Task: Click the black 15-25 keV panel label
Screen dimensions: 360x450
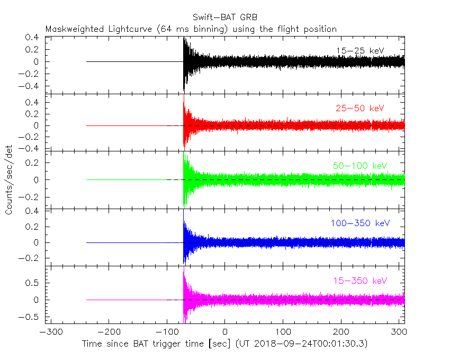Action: click(x=359, y=50)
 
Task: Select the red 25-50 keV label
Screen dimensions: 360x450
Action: click(x=359, y=108)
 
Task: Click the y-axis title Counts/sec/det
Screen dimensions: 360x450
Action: click(x=9, y=181)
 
